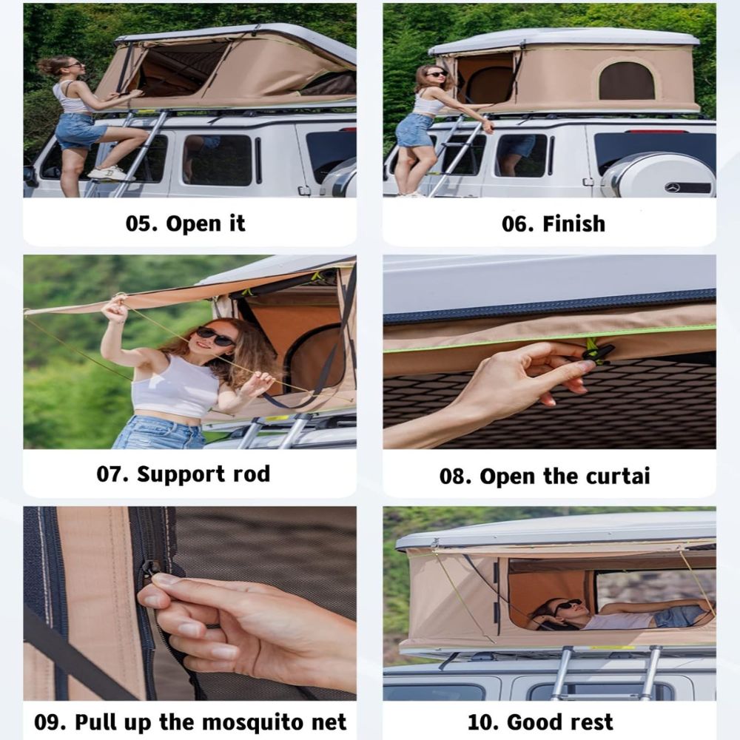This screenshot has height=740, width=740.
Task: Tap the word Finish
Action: [x=574, y=223]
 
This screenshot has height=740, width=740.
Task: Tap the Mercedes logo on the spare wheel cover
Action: [x=672, y=188]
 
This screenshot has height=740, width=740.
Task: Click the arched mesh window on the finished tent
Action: [x=627, y=81]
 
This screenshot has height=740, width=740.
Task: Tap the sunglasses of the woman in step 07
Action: [x=214, y=336]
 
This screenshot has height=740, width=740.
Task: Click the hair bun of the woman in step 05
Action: [x=46, y=67]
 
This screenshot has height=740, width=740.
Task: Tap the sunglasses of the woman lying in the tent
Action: [x=566, y=605]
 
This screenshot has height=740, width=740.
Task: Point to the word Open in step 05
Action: [x=193, y=224]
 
